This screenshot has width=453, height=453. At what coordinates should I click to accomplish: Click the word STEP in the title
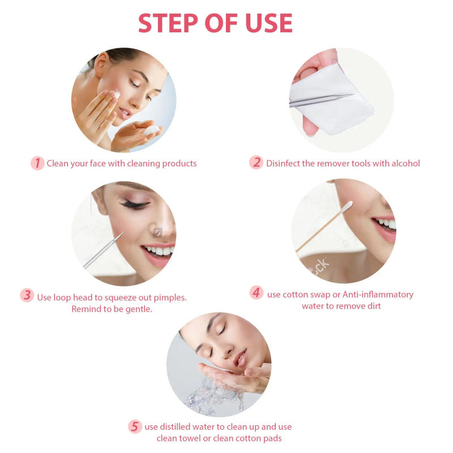coord(169,23)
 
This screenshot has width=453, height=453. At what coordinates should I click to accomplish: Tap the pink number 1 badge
coord(37,163)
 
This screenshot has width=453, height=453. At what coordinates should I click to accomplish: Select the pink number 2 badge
coord(257,163)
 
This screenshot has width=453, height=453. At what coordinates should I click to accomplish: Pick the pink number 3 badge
coord(27,296)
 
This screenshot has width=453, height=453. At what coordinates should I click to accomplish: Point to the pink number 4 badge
coord(257,293)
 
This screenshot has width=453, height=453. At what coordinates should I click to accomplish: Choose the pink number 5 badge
coord(134,426)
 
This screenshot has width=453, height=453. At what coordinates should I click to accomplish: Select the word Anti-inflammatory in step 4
coord(378,294)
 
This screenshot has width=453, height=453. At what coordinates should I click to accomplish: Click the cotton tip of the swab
coord(347,206)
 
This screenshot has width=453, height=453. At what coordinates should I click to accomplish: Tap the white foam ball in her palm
coord(152,131)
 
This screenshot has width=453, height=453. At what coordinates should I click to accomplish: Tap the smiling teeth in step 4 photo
coord(387,223)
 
